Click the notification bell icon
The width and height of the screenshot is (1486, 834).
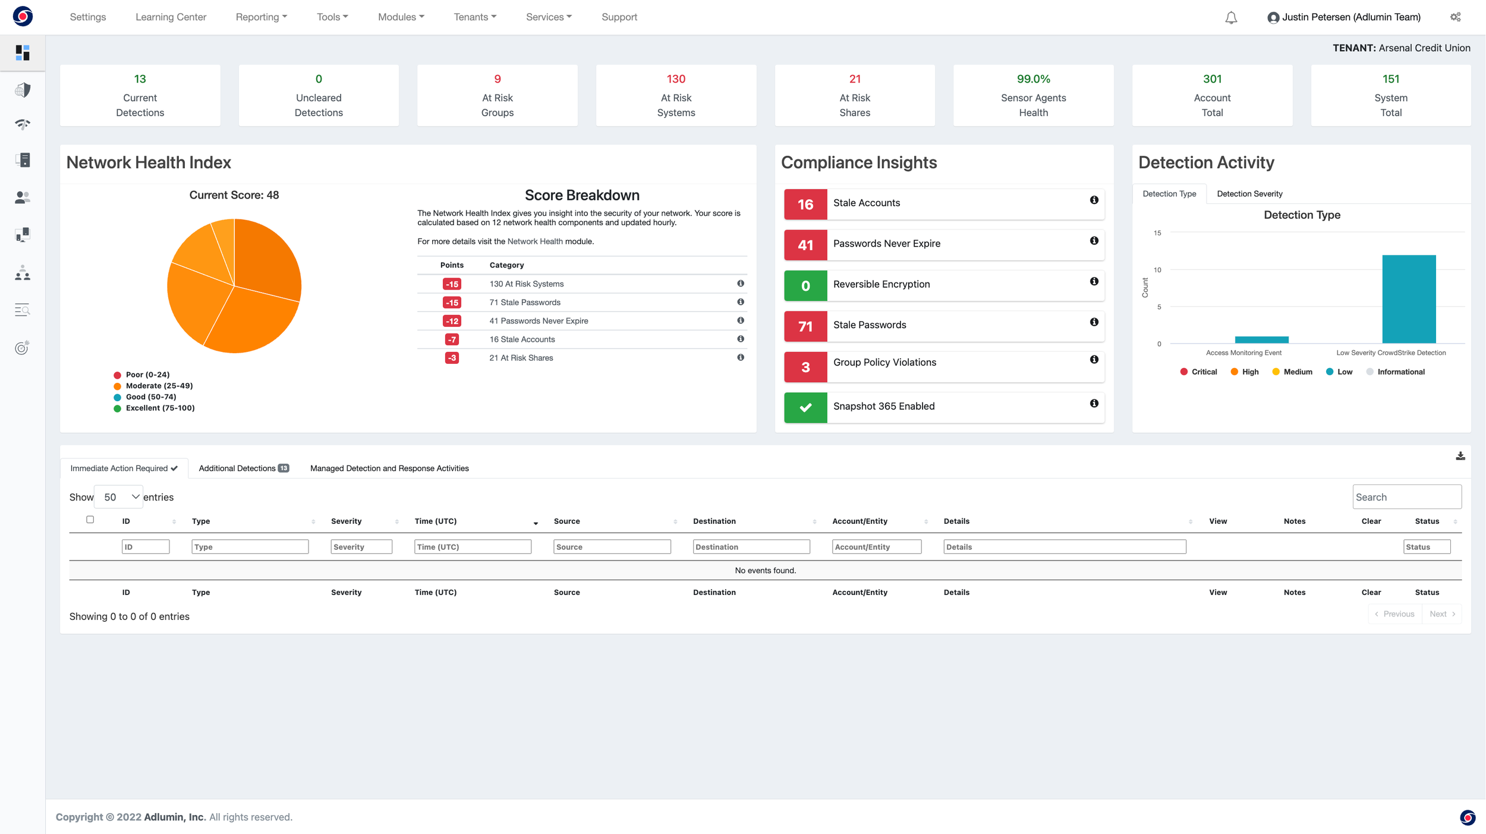pyautogui.click(x=1231, y=18)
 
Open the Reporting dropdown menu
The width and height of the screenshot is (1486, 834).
pyautogui.click(x=261, y=17)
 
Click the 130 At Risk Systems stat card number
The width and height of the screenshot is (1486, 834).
pyautogui.click(x=676, y=79)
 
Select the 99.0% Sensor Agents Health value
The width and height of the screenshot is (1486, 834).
pyautogui.click(x=1033, y=79)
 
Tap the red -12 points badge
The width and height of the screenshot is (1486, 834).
pyautogui.click(x=452, y=321)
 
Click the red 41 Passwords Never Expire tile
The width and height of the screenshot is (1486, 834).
pyautogui.click(x=805, y=245)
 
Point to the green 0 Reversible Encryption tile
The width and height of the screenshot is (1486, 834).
pyautogui.click(x=805, y=286)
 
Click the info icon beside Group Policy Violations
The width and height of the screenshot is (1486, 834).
pyautogui.click(x=1094, y=360)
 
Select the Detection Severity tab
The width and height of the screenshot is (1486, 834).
pyautogui.click(x=1249, y=194)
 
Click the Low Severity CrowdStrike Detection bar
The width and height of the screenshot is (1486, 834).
pyautogui.click(x=1409, y=299)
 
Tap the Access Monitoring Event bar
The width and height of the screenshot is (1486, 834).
pyautogui.click(x=1261, y=340)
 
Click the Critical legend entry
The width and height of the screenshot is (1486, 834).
pyautogui.click(x=1198, y=372)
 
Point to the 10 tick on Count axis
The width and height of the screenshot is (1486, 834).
pyautogui.click(x=1157, y=270)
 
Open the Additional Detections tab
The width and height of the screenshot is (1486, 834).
pyautogui.click(x=243, y=468)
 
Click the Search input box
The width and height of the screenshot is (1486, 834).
pyautogui.click(x=1406, y=497)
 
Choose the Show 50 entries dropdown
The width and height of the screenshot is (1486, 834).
pyautogui.click(x=119, y=497)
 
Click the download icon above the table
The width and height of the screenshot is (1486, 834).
pyautogui.click(x=1460, y=456)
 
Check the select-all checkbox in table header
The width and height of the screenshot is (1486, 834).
pyautogui.click(x=90, y=520)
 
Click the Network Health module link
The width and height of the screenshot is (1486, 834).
pyautogui.click(x=534, y=241)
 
